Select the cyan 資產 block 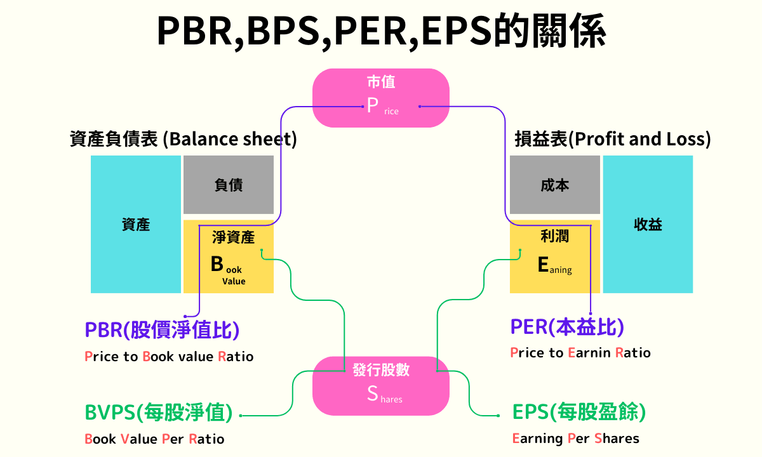pos(135,224)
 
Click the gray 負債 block pos(229,185)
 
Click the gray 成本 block pos(554,185)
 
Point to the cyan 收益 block pos(648,224)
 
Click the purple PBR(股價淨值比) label pos(162,330)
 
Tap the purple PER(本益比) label pos(567,327)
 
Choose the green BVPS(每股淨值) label pos(159,413)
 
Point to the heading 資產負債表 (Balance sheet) pos(183,139)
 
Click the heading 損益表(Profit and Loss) pos(612,139)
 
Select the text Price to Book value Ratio pos(169,357)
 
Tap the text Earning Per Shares pos(575,439)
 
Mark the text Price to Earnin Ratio pos(580,353)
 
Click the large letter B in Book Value pos(217,263)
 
